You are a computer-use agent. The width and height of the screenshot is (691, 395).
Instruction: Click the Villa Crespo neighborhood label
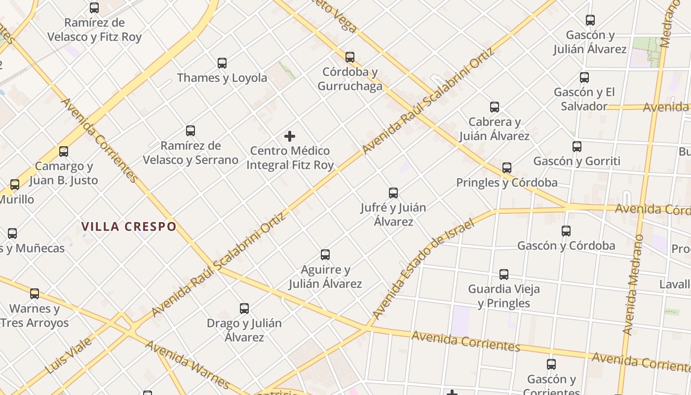pos(128,227)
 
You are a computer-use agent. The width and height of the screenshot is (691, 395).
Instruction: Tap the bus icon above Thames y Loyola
pos(222,63)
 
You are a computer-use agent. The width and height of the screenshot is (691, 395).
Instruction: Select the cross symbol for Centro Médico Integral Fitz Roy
pos(290,136)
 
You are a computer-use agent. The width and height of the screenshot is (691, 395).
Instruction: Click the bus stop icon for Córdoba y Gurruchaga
pos(350,57)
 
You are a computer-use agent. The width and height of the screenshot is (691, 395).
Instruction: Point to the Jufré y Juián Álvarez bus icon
pos(393,193)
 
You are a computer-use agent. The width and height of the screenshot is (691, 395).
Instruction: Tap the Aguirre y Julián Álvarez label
pos(325,276)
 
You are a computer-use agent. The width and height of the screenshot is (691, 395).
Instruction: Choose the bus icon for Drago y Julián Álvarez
pos(244,309)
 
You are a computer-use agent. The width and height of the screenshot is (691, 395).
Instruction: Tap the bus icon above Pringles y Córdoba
pos(507,168)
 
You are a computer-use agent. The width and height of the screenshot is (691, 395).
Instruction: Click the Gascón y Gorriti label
pos(577,161)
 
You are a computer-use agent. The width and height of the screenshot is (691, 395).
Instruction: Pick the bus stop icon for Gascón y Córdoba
pos(566,231)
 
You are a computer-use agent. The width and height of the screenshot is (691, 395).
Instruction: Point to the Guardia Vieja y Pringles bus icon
pos(504,275)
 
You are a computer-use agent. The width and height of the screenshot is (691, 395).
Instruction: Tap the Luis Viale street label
pos(69,355)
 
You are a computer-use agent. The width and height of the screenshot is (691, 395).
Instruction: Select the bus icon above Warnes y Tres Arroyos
pos(35,294)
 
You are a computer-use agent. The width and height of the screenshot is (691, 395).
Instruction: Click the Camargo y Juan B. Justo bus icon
pos(64,152)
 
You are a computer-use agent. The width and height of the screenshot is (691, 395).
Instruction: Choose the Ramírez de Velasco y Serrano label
pos(191,153)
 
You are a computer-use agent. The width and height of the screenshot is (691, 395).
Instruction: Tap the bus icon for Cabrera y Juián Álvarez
pos(495,107)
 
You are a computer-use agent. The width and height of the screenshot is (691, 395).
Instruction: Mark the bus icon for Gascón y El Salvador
pos(584,78)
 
